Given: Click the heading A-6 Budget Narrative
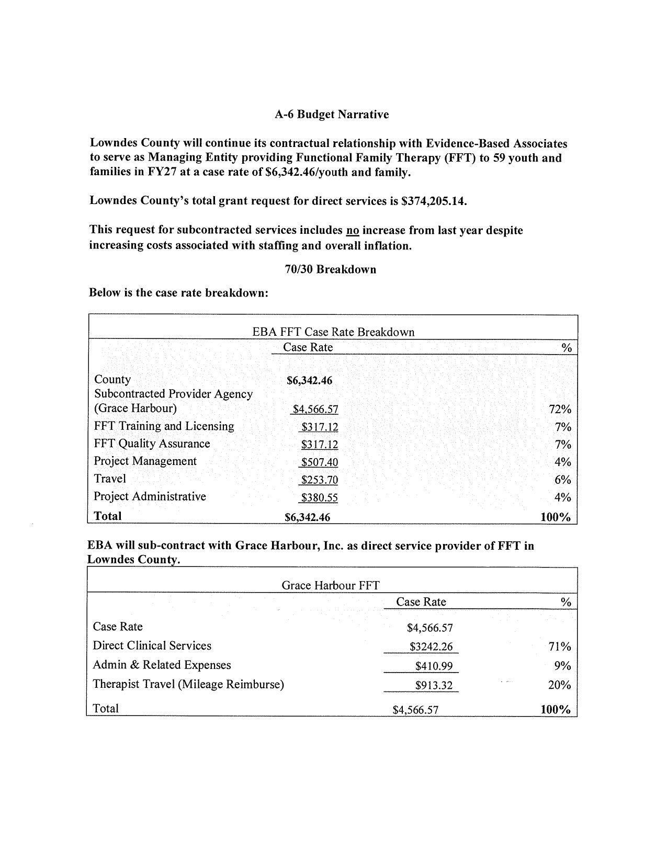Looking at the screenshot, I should pos(332,115).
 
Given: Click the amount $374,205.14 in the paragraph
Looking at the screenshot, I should pos(434,201).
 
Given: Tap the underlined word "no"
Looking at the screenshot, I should pos(352,231).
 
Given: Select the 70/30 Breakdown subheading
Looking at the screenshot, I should pos(330,269).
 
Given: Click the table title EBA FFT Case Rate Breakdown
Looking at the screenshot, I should pos(333,332).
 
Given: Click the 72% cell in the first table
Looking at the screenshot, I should pos(560,410).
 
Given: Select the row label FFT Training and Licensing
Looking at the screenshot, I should pos(164,426).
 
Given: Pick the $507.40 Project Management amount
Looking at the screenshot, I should pos(319,462).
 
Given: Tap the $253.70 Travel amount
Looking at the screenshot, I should pos(319,480).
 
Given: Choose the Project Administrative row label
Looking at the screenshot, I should pos(150,496).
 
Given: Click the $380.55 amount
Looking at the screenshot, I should pos(319,498).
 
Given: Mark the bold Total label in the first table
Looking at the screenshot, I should pos(107,516).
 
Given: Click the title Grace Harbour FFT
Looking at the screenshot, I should pos(330,585).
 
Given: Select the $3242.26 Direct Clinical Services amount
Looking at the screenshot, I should pos(431,647).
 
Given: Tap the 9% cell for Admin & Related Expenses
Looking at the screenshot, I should pos(562,666).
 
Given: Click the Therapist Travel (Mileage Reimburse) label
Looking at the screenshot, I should pos(188,684).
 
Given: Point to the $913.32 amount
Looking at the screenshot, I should pos(434,686).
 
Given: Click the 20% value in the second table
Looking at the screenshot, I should pos(559,685).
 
